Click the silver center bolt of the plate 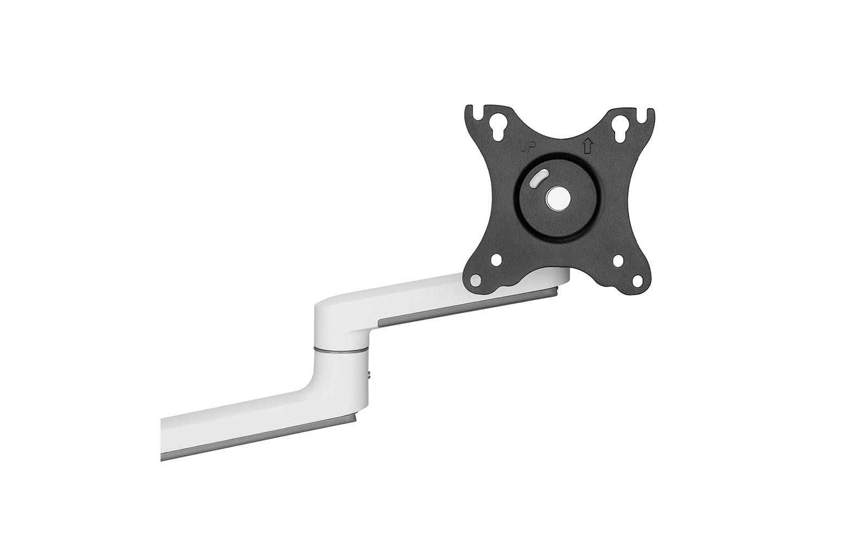(558, 197)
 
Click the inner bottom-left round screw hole (497, 261)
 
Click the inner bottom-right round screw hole (619, 261)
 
